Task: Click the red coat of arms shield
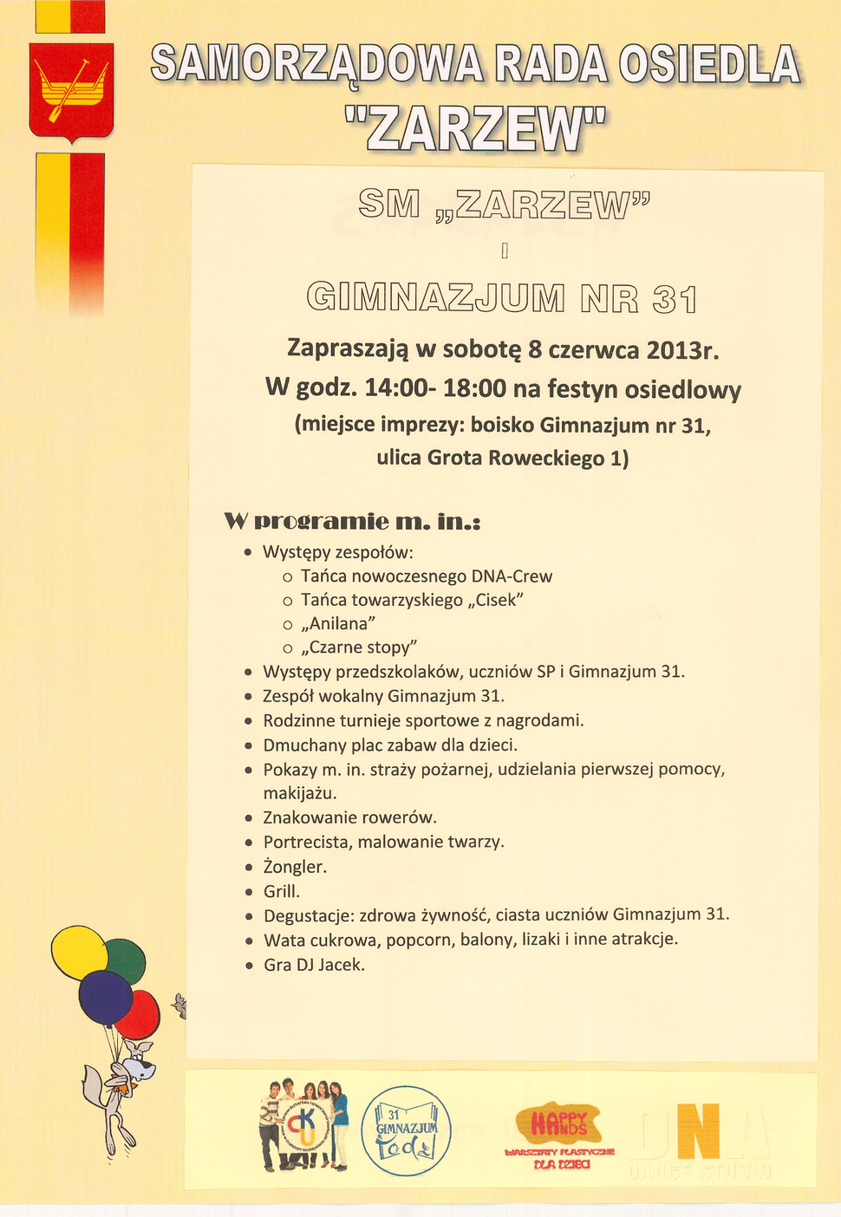point(71,91)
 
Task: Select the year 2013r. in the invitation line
point(682,349)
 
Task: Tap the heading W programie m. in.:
point(351,522)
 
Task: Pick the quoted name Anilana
point(338,623)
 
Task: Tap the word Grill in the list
point(282,891)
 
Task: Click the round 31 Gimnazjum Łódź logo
point(406,1130)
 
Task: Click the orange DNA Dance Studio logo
point(698,1132)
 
